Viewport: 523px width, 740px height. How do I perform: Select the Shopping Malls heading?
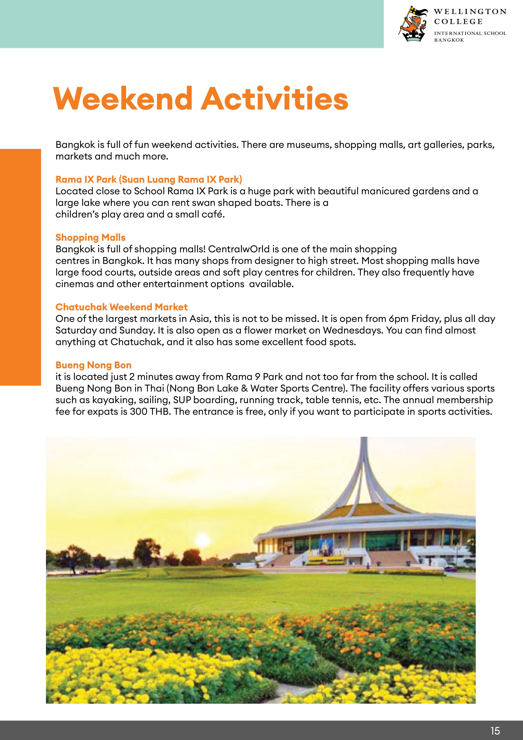pos(90,237)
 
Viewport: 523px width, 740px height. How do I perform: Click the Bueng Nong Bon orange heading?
pos(93,365)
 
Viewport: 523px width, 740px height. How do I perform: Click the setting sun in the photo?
pos(202,539)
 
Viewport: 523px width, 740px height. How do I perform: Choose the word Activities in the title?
pos(275,98)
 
